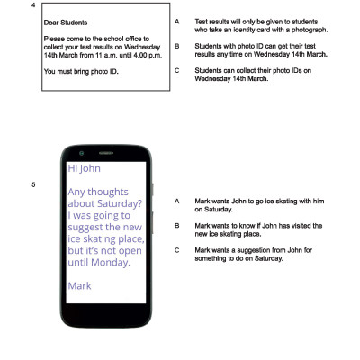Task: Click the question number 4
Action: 33,5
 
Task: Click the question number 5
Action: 33,185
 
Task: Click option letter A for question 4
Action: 177,22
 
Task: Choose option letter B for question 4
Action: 177,45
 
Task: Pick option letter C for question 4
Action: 177,69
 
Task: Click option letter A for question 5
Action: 177,202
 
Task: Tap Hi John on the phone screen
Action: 85,168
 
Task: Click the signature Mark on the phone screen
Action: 80,285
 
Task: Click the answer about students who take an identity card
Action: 261,26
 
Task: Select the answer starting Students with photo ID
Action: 261,49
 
